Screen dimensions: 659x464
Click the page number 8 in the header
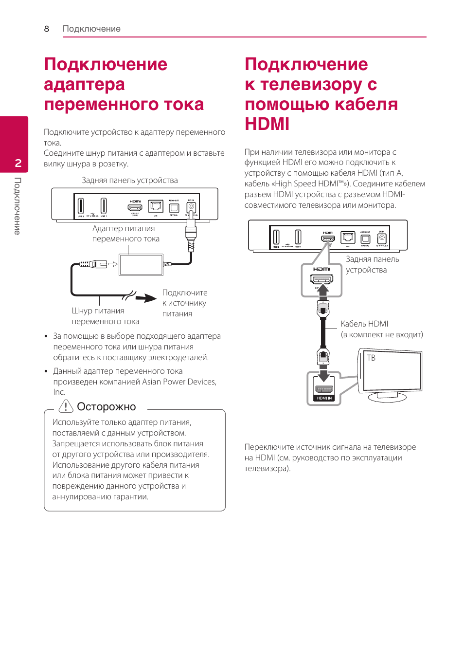[x=47, y=29]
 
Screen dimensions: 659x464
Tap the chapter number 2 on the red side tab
[x=18, y=163]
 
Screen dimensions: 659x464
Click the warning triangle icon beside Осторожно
[x=66, y=406]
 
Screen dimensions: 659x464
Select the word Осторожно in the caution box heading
[x=106, y=407]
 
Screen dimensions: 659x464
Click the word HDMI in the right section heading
[x=267, y=124]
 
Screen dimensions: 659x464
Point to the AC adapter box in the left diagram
[x=141, y=265]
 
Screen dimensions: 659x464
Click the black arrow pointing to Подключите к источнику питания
[x=145, y=298]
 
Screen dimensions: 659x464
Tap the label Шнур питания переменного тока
[x=105, y=316]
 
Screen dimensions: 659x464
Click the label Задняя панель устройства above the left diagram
[x=129, y=180]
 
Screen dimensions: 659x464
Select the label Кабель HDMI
[x=364, y=324]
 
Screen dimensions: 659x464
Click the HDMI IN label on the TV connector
[x=324, y=398]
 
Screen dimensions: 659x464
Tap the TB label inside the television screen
[x=371, y=358]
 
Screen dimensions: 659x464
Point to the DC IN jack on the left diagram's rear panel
[x=191, y=207]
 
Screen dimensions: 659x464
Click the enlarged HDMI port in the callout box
[x=322, y=279]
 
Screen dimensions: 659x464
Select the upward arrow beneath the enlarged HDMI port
[x=322, y=290]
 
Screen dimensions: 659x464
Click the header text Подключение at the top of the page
[x=91, y=29]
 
